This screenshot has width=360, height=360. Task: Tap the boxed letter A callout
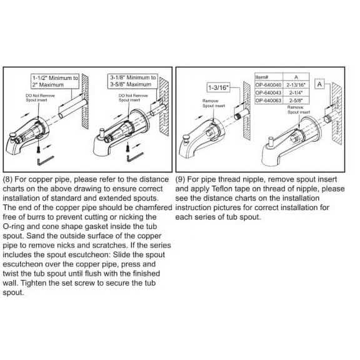coord(319,83)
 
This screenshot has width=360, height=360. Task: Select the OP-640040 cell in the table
coord(269,83)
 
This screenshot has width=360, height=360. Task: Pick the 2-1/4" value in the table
coord(294,91)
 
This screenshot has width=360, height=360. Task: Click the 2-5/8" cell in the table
coord(294,99)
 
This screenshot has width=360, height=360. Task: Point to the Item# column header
coord(262,76)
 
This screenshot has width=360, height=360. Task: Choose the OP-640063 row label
coord(269,99)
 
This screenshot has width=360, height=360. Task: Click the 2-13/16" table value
coord(294,83)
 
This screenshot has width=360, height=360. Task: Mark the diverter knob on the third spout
coord(186,135)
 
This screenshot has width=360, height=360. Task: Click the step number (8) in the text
coord(9,179)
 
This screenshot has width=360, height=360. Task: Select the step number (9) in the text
coord(182,179)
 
